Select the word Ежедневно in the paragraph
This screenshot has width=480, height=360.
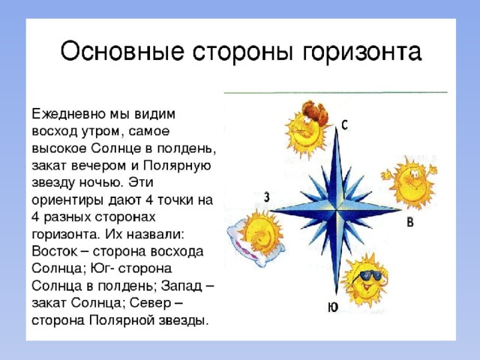point(68,115)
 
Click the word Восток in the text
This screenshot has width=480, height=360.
point(55,252)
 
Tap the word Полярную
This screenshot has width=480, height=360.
point(178,166)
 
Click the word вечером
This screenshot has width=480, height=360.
point(99,166)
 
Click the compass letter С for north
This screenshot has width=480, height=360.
point(345,125)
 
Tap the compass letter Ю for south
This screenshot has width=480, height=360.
point(333,307)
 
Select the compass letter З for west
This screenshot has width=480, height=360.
point(267,197)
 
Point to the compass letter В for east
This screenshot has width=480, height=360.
point(410,222)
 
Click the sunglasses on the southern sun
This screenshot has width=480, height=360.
point(370,275)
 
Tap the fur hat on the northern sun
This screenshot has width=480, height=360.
point(315,112)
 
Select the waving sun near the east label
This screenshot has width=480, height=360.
point(409,181)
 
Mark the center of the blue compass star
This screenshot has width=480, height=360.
point(337,210)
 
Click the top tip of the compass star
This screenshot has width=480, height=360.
point(337,127)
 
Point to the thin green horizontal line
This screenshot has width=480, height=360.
point(335,91)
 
